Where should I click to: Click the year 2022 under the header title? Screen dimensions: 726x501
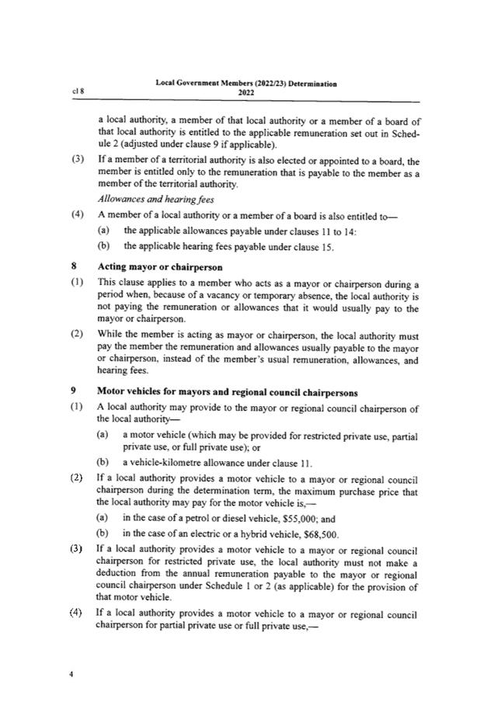(x=245, y=92)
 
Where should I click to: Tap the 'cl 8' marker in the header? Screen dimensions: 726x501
(x=78, y=91)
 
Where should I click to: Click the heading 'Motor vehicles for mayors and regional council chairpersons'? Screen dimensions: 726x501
(x=227, y=393)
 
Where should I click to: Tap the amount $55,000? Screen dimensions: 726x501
(x=298, y=518)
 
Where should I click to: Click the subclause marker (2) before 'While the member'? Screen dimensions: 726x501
(x=76, y=335)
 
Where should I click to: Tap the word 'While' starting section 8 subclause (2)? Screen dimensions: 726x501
(x=109, y=335)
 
